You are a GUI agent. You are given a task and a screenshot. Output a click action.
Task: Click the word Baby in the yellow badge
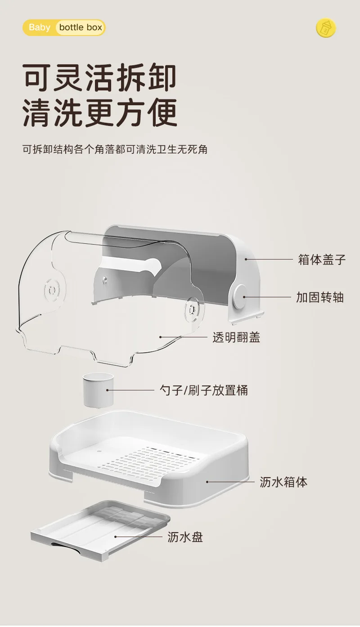[40, 27]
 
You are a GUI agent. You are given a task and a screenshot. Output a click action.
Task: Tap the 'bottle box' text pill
[81, 27]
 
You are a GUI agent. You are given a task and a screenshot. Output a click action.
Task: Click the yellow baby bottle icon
[326, 28]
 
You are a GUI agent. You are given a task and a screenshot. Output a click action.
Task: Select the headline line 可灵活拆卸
[99, 77]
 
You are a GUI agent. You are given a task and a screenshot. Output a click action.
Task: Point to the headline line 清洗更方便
[100, 112]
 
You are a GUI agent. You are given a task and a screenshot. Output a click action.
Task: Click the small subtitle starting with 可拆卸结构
[115, 149]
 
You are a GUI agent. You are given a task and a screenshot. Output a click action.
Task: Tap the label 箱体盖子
[322, 260]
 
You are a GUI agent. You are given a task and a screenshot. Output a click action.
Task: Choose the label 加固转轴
[320, 297]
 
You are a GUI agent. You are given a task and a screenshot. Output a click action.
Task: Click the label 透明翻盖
[236, 337]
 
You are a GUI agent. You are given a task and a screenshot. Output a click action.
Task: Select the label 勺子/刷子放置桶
[204, 390]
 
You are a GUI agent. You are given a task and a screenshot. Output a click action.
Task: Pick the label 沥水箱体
[283, 482]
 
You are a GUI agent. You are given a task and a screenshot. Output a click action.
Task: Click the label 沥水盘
[185, 537]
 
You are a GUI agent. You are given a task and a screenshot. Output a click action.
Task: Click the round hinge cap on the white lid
[240, 297]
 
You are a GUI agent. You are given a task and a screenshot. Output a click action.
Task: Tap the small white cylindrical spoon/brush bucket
[98, 390]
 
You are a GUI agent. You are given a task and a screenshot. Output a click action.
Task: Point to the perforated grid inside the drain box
[150, 457]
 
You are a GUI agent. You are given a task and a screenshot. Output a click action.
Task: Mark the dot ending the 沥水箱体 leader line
[207, 482]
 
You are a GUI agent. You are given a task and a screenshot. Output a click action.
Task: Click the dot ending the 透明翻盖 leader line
[160, 337]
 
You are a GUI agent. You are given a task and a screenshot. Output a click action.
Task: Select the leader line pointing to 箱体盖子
[269, 259]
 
